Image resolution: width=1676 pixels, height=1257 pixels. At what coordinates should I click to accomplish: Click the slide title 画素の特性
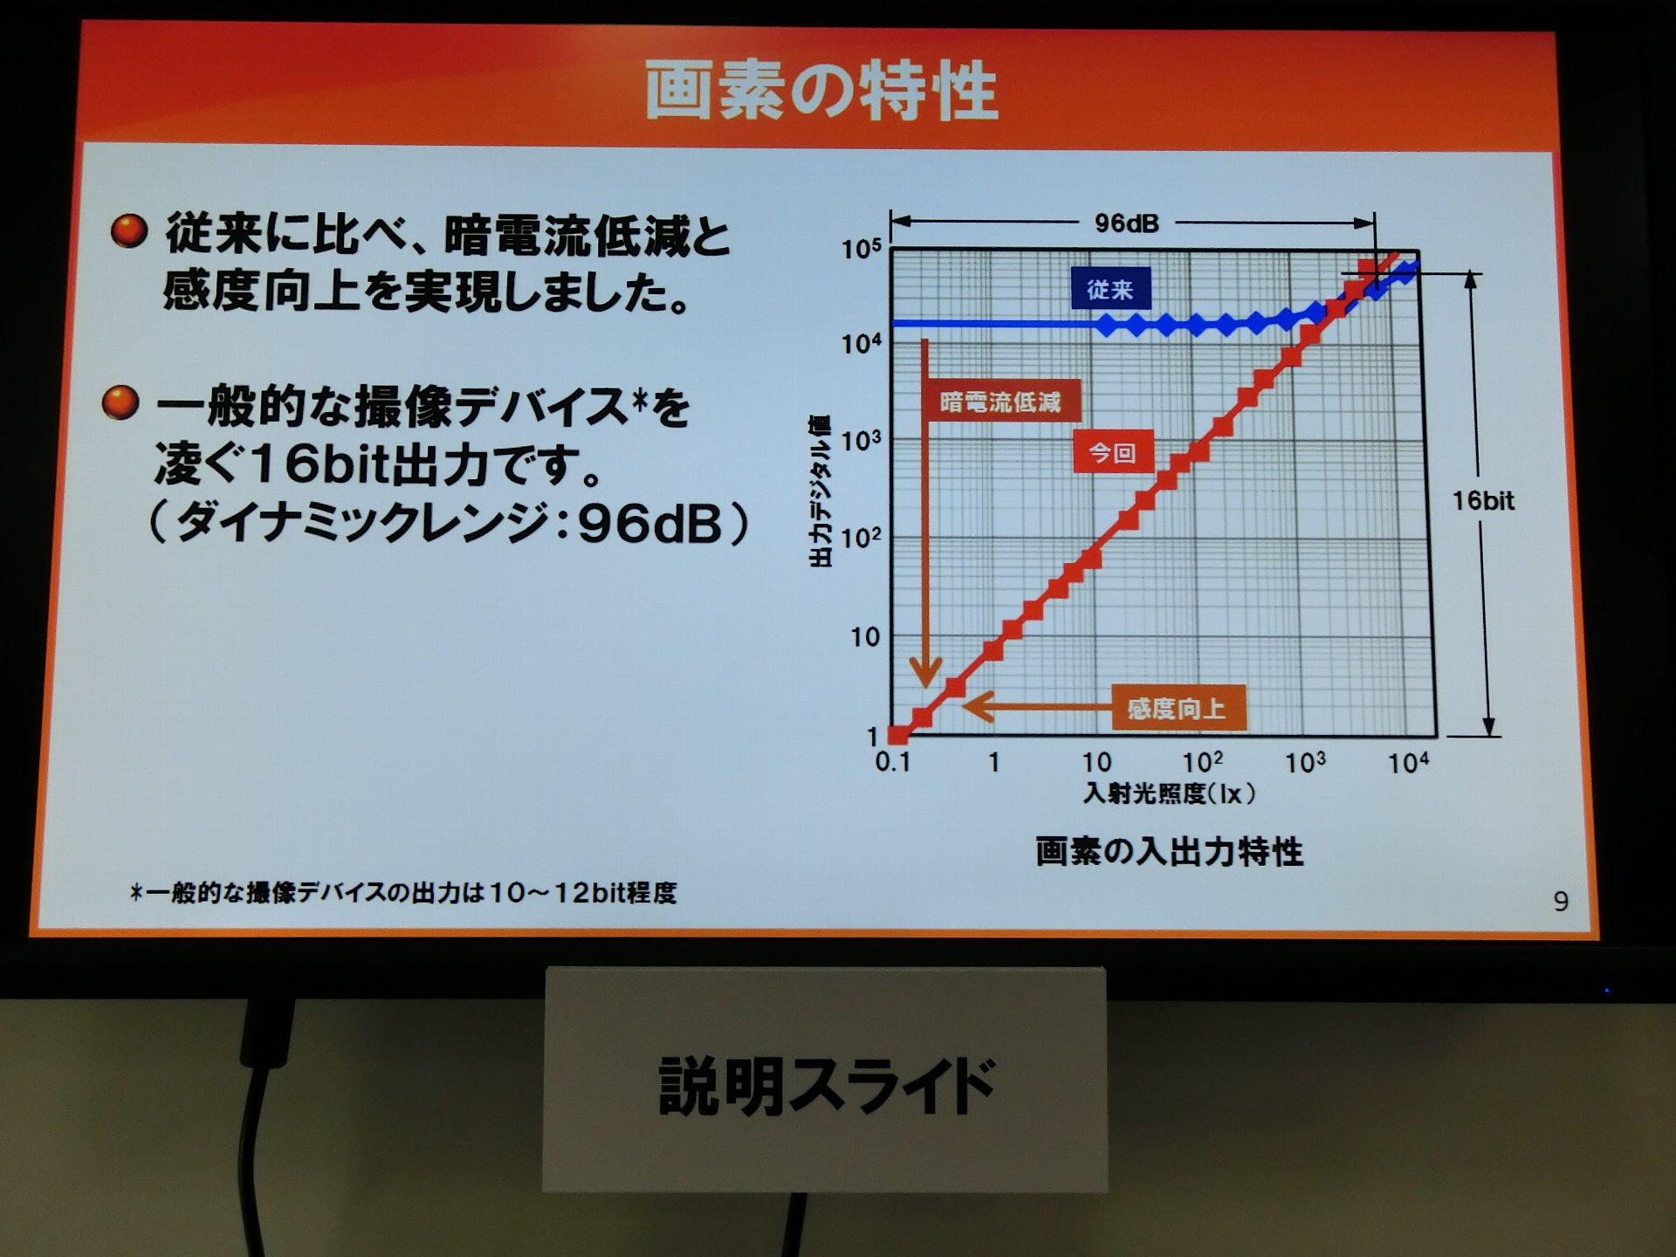pos(821,90)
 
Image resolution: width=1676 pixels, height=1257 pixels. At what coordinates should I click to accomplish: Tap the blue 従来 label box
pos(1110,289)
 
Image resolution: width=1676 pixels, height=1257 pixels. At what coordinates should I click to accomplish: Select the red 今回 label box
pos(1112,452)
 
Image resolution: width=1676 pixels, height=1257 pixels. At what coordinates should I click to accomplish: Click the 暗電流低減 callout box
pos(1000,402)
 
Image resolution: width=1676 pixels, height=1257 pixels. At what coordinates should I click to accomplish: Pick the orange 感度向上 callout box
pos(1178,708)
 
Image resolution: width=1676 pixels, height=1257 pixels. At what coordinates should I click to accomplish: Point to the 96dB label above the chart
pos(1127,223)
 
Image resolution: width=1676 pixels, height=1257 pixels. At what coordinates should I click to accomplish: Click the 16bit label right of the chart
pos(1483,500)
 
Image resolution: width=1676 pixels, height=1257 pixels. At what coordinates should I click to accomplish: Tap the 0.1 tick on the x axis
pos(893,762)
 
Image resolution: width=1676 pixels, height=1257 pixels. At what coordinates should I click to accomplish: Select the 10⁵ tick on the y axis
pos(862,249)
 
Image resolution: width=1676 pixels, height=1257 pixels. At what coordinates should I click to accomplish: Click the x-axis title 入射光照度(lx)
pos(1170,793)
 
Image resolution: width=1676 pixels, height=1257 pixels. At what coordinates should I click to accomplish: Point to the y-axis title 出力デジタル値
pos(820,492)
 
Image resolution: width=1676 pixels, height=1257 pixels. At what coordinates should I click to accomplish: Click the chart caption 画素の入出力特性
pos(1170,851)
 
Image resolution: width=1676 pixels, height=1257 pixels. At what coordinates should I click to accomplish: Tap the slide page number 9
pos(1562,901)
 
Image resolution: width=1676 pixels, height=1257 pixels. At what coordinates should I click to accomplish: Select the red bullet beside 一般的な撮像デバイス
pos(120,402)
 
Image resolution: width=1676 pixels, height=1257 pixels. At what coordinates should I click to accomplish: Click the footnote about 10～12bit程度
pos(403,892)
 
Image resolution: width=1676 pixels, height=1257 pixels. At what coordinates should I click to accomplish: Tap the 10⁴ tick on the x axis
pos(1408,762)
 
